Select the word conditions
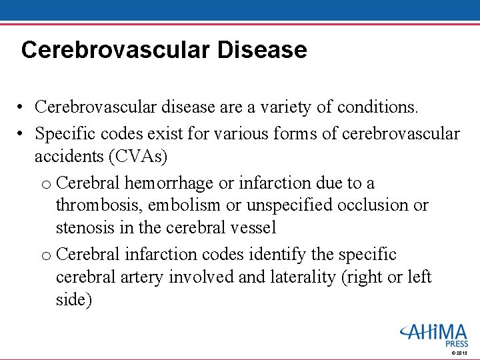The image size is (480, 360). [387, 107]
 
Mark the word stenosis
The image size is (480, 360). [85, 228]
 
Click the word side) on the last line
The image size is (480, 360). [74, 300]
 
